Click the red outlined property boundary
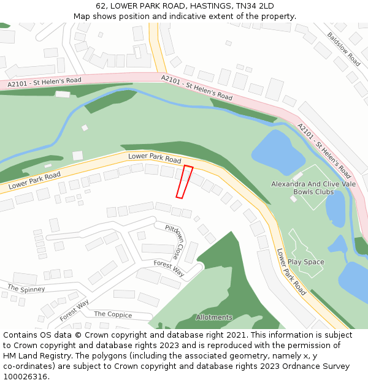(184, 181)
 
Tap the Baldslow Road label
(343, 49)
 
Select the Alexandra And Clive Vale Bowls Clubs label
(311, 188)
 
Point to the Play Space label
(305, 262)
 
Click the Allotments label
(214, 317)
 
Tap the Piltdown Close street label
(174, 241)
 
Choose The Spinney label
(26, 288)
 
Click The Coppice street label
(113, 314)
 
